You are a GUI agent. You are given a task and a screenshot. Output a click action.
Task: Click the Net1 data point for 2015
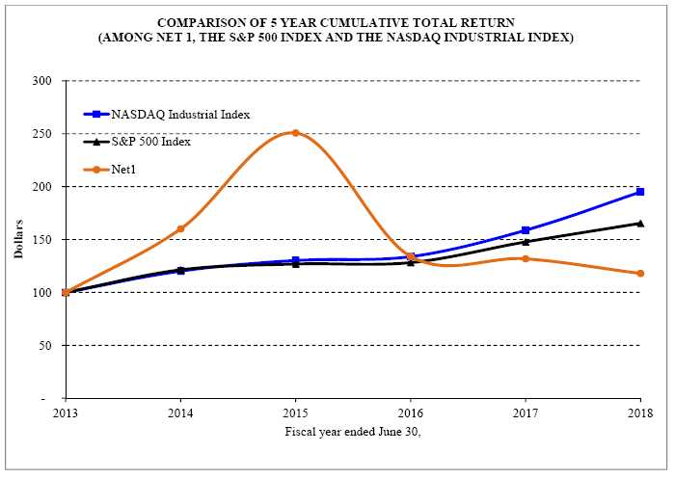(x=295, y=133)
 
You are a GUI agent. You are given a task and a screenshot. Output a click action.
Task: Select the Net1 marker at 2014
(x=180, y=229)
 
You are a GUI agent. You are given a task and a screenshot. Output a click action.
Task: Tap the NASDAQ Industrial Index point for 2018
(x=640, y=192)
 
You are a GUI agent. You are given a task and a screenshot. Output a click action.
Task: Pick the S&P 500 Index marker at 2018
(x=640, y=224)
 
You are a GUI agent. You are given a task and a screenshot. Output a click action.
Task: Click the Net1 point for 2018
(x=640, y=274)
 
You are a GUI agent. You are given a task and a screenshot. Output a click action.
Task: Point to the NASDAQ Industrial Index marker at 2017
(x=526, y=230)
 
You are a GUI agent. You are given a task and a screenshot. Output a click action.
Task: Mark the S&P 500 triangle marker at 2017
(x=526, y=241)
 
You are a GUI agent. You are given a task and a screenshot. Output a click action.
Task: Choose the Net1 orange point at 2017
(x=526, y=258)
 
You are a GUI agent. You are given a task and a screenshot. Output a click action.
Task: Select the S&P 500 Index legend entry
(x=150, y=142)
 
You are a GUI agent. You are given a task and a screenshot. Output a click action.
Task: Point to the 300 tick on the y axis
(x=40, y=81)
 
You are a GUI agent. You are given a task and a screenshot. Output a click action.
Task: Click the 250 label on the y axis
(x=40, y=134)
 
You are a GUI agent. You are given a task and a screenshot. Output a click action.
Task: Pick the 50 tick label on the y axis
(x=43, y=346)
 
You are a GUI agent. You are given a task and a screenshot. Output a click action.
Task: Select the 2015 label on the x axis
(x=295, y=413)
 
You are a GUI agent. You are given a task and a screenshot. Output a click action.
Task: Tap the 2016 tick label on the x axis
(x=411, y=413)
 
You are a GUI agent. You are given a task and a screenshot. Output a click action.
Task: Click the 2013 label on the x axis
(x=66, y=413)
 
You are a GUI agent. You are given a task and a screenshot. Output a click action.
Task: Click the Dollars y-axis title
(x=18, y=239)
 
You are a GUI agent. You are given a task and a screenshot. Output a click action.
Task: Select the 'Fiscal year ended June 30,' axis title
(x=353, y=431)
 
